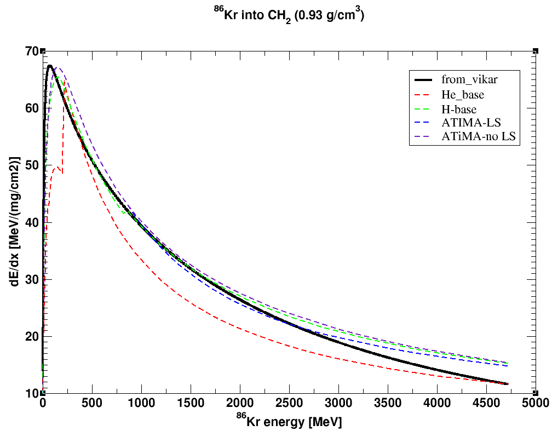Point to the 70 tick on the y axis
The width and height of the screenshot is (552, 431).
[x=32, y=51]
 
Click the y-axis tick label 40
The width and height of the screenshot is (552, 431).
[x=32, y=222]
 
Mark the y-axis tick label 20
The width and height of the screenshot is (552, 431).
[x=32, y=336]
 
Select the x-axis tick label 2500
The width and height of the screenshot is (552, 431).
[x=289, y=404]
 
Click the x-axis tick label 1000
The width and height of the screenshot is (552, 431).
[x=141, y=404]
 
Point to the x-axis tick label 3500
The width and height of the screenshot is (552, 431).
[x=387, y=404]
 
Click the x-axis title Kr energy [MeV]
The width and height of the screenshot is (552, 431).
[x=289, y=421]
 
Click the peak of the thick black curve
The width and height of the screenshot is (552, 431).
[x=49, y=66]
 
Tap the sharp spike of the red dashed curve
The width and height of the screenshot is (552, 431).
[x=65, y=82]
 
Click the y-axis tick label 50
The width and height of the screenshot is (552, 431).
[x=32, y=165]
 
